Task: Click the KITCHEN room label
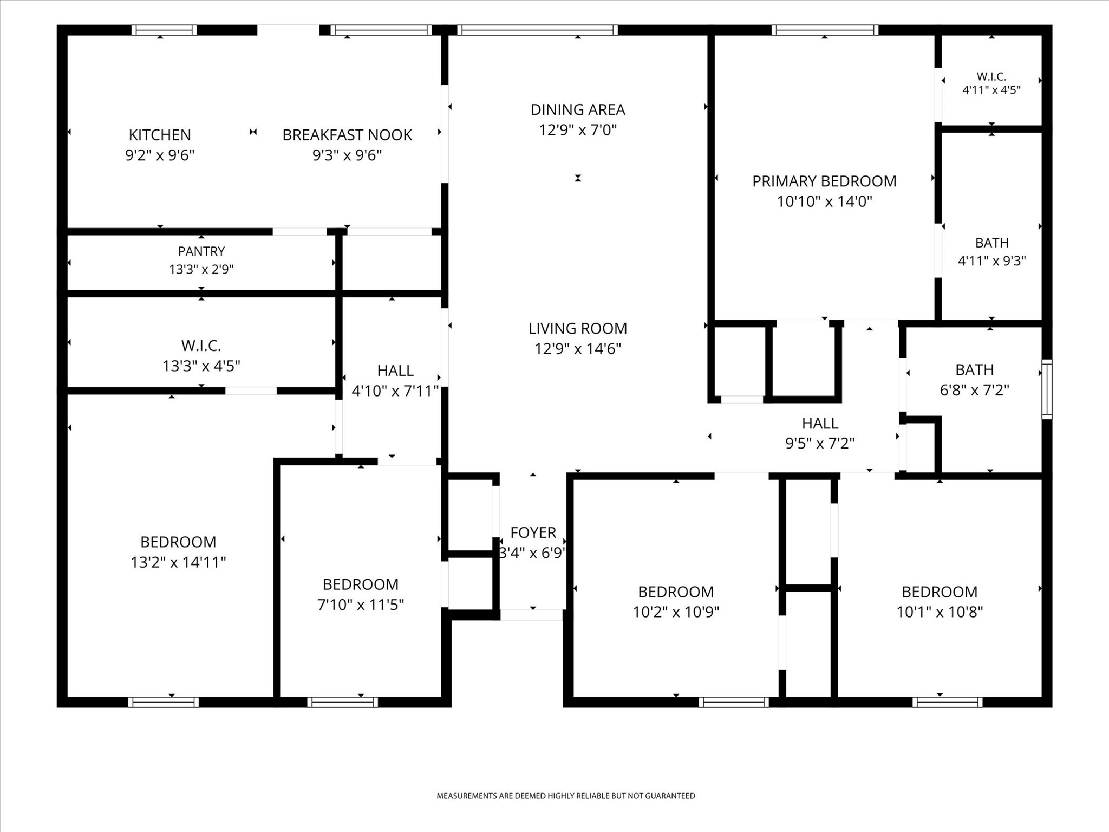coord(160,135)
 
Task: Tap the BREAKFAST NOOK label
coord(347,135)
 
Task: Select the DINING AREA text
coord(578,110)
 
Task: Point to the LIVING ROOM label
coord(578,328)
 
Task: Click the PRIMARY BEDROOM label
coord(824,181)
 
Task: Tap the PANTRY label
coord(201,251)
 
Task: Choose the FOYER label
coord(533,532)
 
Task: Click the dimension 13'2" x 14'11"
coord(178,562)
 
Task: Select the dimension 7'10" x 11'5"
coord(361,604)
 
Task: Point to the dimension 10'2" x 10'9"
coord(676,612)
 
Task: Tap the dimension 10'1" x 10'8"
coord(940,612)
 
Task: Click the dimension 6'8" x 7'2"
coord(975,390)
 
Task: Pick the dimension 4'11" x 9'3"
coord(992,261)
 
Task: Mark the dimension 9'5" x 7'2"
coord(820,444)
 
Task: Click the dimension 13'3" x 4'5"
coord(201,366)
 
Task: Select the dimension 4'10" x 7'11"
coord(395,391)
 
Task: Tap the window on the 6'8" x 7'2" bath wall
coord(1047,389)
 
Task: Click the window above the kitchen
coord(164,30)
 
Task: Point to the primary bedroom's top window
coord(825,30)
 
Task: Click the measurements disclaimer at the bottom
coord(566,796)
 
